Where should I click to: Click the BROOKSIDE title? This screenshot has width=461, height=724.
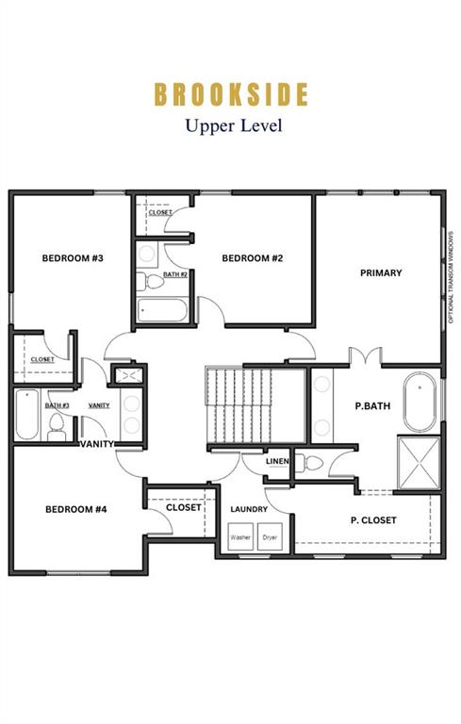pyautogui.click(x=231, y=94)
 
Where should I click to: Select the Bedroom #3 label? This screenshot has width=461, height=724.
pyautogui.click(x=72, y=257)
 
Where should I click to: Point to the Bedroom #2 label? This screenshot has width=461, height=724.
pyautogui.click(x=253, y=257)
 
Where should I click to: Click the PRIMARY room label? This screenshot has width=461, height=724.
pyautogui.click(x=381, y=273)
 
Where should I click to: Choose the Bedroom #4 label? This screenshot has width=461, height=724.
pyautogui.click(x=75, y=509)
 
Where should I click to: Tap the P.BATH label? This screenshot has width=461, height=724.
pyautogui.click(x=372, y=406)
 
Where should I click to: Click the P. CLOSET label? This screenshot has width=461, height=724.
pyautogui.click(x=373, y=520)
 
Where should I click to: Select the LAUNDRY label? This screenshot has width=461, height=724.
pyautogui.click(x=249, y=510)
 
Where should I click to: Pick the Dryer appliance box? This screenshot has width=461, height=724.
pyautogui.click(x=271, y=538)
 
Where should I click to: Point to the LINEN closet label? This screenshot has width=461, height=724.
pyautogui.click(x=277, y=461)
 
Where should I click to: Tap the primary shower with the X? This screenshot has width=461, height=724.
pyautogui.click(x=419, y=463)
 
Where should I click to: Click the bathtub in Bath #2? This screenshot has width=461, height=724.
pyautogui.click(x=162, y=310)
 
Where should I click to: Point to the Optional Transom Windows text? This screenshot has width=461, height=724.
pyautogui.click(x=451, y=279)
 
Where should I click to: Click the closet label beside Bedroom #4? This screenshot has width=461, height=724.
pyautogui.click(x=184, y=507)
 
